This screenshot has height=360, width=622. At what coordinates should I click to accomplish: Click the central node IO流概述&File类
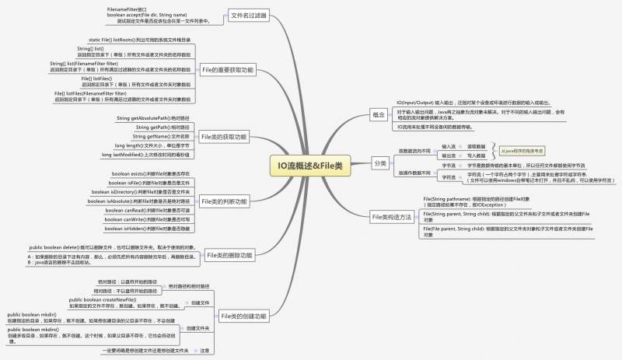click(x=310, y=187)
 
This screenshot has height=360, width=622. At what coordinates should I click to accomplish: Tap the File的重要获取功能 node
click(x=227, y=70)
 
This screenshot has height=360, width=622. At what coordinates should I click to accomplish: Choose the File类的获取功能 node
click(x=224, y=137)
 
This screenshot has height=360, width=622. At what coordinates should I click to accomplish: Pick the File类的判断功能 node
click(x=224, y=201)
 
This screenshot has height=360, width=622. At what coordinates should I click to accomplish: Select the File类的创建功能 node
click(x=243, y=316)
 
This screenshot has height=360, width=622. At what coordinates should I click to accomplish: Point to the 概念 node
click(x=379, y=114)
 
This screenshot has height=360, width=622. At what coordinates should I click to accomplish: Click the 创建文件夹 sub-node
click(x=197, y=328)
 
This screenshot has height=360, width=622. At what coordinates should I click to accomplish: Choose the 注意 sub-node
click(x=204, y=351)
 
